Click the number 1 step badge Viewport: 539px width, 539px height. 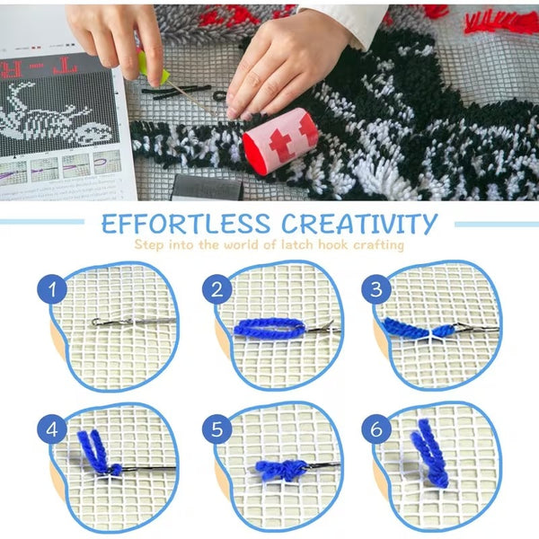point(52,288)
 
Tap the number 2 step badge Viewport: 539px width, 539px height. point(217,289)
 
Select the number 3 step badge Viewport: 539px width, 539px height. point(376,288)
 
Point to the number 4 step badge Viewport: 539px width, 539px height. point(52,429)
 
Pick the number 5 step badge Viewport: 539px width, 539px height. point(217,429)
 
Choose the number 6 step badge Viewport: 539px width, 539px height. point(376,429)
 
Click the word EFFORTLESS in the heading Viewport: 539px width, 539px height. point(186,224)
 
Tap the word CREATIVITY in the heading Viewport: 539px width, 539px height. point(359,224)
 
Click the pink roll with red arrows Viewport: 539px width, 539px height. point(280,141)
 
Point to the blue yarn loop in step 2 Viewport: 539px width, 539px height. point(269,328)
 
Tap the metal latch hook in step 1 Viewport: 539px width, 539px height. point(134,323)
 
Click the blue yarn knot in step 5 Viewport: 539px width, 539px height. point(281,470)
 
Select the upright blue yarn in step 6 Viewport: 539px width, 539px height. point(429,453)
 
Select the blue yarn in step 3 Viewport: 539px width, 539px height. point(418,328)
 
